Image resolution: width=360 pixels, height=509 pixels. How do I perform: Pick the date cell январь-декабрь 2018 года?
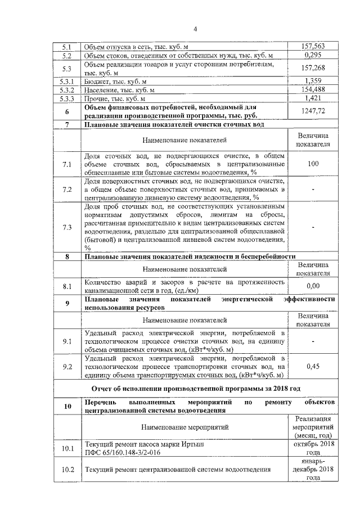(x=313, y=469)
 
